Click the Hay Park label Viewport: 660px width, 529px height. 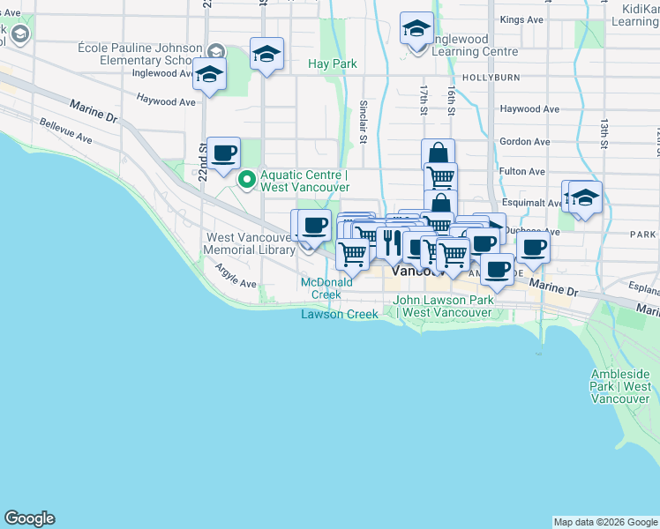[333, 64]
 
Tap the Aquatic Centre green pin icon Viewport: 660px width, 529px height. [247, 181]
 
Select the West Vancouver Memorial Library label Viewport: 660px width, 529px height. [249, 243]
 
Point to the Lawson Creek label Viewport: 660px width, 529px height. [340, 314]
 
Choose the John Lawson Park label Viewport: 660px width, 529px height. [443, 306]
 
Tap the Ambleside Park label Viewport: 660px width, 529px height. [621, 386]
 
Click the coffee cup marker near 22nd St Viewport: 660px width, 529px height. [223, 153]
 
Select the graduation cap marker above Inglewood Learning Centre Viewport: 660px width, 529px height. [416, 29]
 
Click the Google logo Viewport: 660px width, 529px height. [29, 518]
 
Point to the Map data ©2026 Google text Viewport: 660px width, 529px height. [604, 522]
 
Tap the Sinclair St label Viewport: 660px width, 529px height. [362, 123]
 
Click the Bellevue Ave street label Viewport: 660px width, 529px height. [65, 133]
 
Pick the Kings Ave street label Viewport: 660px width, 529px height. [521, 19]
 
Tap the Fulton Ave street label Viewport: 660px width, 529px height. [522, 172]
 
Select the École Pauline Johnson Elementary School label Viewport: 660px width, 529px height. [134, 54]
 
